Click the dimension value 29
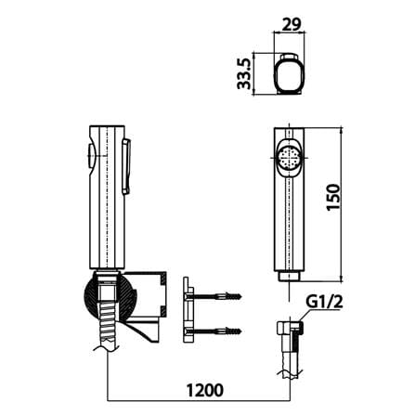[x=291, y=24]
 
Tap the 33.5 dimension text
[x=244, y=73]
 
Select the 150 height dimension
[x=333, y=197]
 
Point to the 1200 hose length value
[x=205, y=390]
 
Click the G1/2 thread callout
[x=325, y=302]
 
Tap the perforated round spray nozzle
[x=289, y=158]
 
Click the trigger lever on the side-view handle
[x=126, y=166]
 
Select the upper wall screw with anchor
[x=214, y=296]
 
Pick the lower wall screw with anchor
[x=214, y=331]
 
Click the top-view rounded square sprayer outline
[x=290, y=73]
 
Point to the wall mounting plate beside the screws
[x=188, y=309]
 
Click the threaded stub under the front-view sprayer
[x=290, y=277]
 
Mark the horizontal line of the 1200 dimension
[x=199, y=401]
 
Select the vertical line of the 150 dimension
[x=342, y=204]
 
